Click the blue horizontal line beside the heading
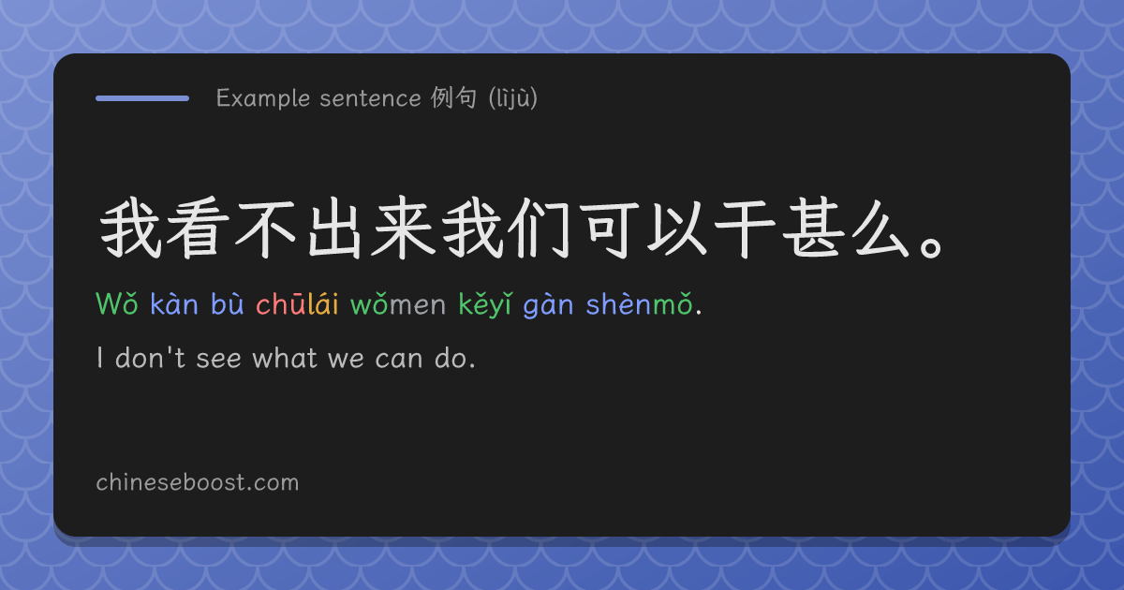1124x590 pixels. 142,98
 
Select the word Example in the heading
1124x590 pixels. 262,98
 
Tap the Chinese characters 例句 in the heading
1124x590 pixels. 453,97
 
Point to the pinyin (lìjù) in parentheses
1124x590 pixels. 513,97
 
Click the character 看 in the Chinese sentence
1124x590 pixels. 198,229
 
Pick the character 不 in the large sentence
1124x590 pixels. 264,229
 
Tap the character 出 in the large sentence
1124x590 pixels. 334,229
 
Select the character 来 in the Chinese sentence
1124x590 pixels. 404,229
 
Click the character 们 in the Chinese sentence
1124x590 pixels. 539,229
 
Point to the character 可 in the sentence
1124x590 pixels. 608,229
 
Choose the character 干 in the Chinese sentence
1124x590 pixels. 745,229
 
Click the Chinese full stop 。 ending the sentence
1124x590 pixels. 932,247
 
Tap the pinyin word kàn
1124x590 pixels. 174,303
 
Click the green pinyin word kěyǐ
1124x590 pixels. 485,304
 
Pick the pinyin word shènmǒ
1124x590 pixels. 639,303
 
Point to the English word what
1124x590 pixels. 285,358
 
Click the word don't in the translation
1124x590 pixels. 150,358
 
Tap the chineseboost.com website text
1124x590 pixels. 198,482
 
